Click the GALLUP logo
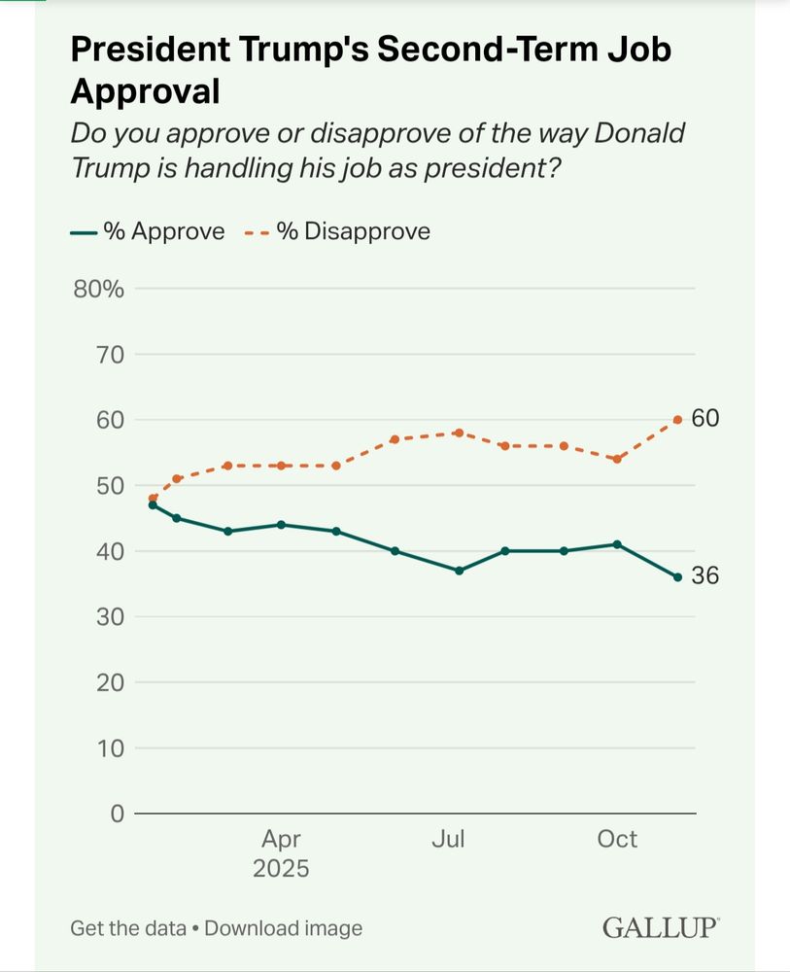pos(661,927)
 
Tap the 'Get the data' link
pos(127,928)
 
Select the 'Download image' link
pos(283,928)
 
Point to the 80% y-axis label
pos(99,289)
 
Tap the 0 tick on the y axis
pos(116,813)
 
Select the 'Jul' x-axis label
pos(448,839)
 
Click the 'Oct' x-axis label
pos(617,839)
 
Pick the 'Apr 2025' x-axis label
pos(281,853)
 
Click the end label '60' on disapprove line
pos(705,419)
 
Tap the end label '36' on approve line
pos(705,576)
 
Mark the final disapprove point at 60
pos(677,420)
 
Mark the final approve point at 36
pos(677,577)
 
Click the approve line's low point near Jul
pos(459,571)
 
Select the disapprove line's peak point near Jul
pos(459,433)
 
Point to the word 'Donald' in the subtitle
pos(637,132)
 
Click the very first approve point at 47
pos(153,504)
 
